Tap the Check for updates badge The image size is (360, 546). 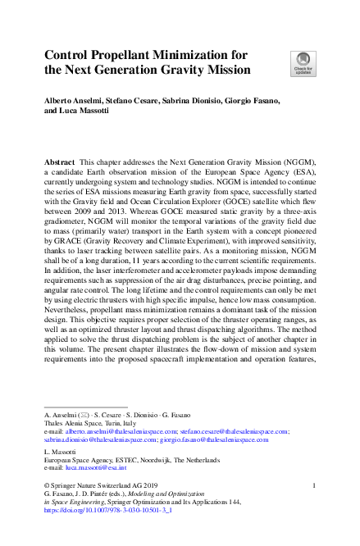[301, 63]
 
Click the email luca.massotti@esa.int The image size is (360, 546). [95, 469]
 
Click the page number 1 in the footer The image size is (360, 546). [315, 486]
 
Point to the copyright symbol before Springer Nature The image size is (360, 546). [46, 486]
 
